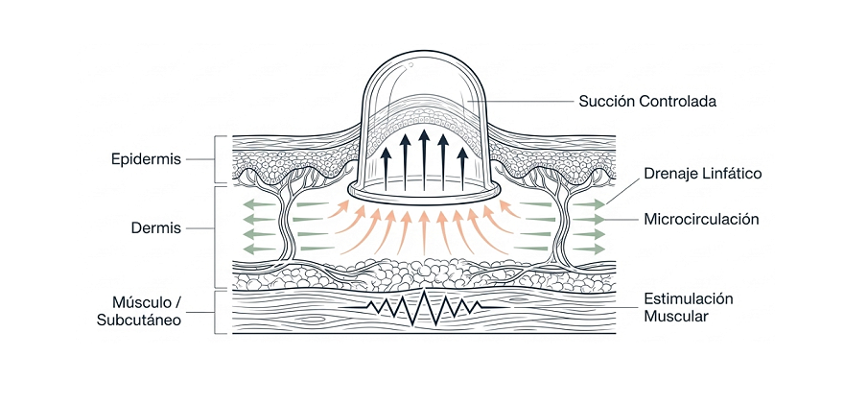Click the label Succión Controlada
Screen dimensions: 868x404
(x=647, y=102)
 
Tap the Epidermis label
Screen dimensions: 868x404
(x=146, y=159)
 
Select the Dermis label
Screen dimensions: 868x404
(x=156, y=227)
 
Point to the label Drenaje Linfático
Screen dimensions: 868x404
(x=702, y=174)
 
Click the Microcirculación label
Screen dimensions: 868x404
(x=701, y=220)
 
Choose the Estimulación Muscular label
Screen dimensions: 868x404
(x=688, y=308)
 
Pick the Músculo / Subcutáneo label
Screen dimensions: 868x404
(x=139, y=312)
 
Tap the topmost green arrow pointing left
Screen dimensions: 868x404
(x=260, y=204)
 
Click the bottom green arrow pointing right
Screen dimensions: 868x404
(x=589, y=249)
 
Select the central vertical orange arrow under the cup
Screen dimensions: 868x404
(x=424, y=233)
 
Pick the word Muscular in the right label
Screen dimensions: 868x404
(x=676, y=317)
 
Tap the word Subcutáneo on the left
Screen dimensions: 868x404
(x=139, y=321)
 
